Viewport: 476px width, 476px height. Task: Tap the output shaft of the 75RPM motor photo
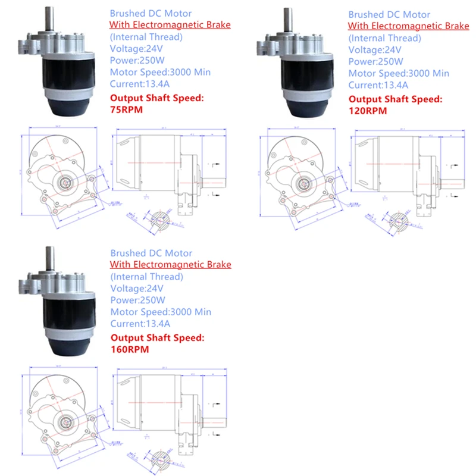[51, 18]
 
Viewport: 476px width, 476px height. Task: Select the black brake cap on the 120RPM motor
[308, 108]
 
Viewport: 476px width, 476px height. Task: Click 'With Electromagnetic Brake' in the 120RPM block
[409, 26]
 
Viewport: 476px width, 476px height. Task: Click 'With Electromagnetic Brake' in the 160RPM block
[170, 264]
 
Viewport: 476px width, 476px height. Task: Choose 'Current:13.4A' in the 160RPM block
[140, 324]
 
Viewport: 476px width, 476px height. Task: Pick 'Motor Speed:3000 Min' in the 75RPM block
[160, 73]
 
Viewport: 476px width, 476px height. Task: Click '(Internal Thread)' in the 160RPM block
[147, 276]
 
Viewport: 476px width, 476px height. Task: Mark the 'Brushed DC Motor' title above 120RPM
[389, 14]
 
